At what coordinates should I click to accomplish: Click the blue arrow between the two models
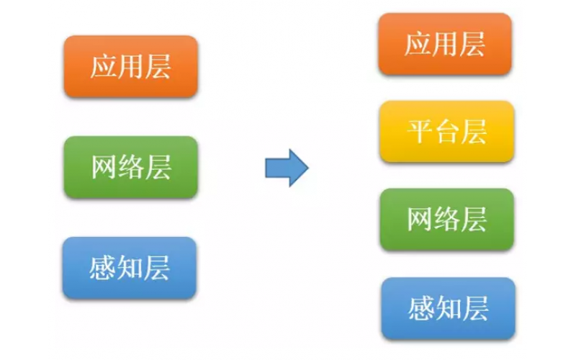(286, 168)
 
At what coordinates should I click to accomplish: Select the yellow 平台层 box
(446, 131)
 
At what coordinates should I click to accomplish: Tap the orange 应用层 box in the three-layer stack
(130, 66)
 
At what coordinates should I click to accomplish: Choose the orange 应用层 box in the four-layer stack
(445, 43)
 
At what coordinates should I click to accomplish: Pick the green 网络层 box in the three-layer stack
(130, 167)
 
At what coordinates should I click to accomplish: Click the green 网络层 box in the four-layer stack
(446, 220)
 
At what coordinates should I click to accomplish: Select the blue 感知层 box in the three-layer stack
(130, 268)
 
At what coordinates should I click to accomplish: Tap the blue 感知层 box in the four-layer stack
(448, 308)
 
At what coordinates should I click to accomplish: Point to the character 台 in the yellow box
(447, 132)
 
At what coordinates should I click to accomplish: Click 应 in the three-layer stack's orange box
(103, 67)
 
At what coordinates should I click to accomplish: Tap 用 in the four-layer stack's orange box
(445, 44)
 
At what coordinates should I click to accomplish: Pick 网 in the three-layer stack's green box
(104, 168)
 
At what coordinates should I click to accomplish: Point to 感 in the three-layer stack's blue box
(103, 269)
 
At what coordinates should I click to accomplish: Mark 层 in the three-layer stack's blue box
(157, 269)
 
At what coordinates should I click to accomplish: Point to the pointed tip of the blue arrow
(307, 168)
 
